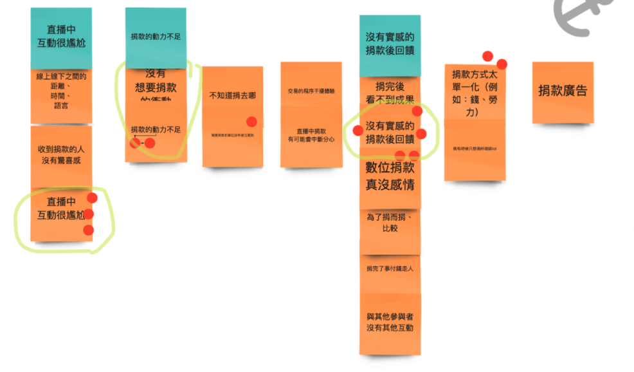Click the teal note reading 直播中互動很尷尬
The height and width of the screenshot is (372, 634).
pos(61,37)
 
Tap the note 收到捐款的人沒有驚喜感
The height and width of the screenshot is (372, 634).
pos(61,155)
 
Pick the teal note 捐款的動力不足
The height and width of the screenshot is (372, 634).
pos(155,37)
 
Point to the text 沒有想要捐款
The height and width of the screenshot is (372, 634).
pos(156,81)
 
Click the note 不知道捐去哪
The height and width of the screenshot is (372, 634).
pos(232,96)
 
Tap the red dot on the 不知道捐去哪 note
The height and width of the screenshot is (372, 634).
pos(251,122)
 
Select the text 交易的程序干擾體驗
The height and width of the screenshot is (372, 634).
pos(311,91)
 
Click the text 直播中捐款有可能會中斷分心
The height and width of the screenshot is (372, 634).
pos(311,135)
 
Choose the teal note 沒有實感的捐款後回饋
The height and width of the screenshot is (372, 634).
pos(390,44)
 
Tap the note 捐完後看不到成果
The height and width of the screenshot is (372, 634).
pos(390,92)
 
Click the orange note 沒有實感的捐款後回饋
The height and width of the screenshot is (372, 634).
pos(390,133)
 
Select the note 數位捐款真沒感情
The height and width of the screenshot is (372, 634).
pos(390,176)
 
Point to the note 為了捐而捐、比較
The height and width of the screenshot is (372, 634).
pos(390,223)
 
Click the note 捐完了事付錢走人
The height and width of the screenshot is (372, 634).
pos(390,268)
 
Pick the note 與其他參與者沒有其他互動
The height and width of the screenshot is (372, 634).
pos(390,322)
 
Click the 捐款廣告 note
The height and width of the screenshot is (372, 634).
pos(563,91)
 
